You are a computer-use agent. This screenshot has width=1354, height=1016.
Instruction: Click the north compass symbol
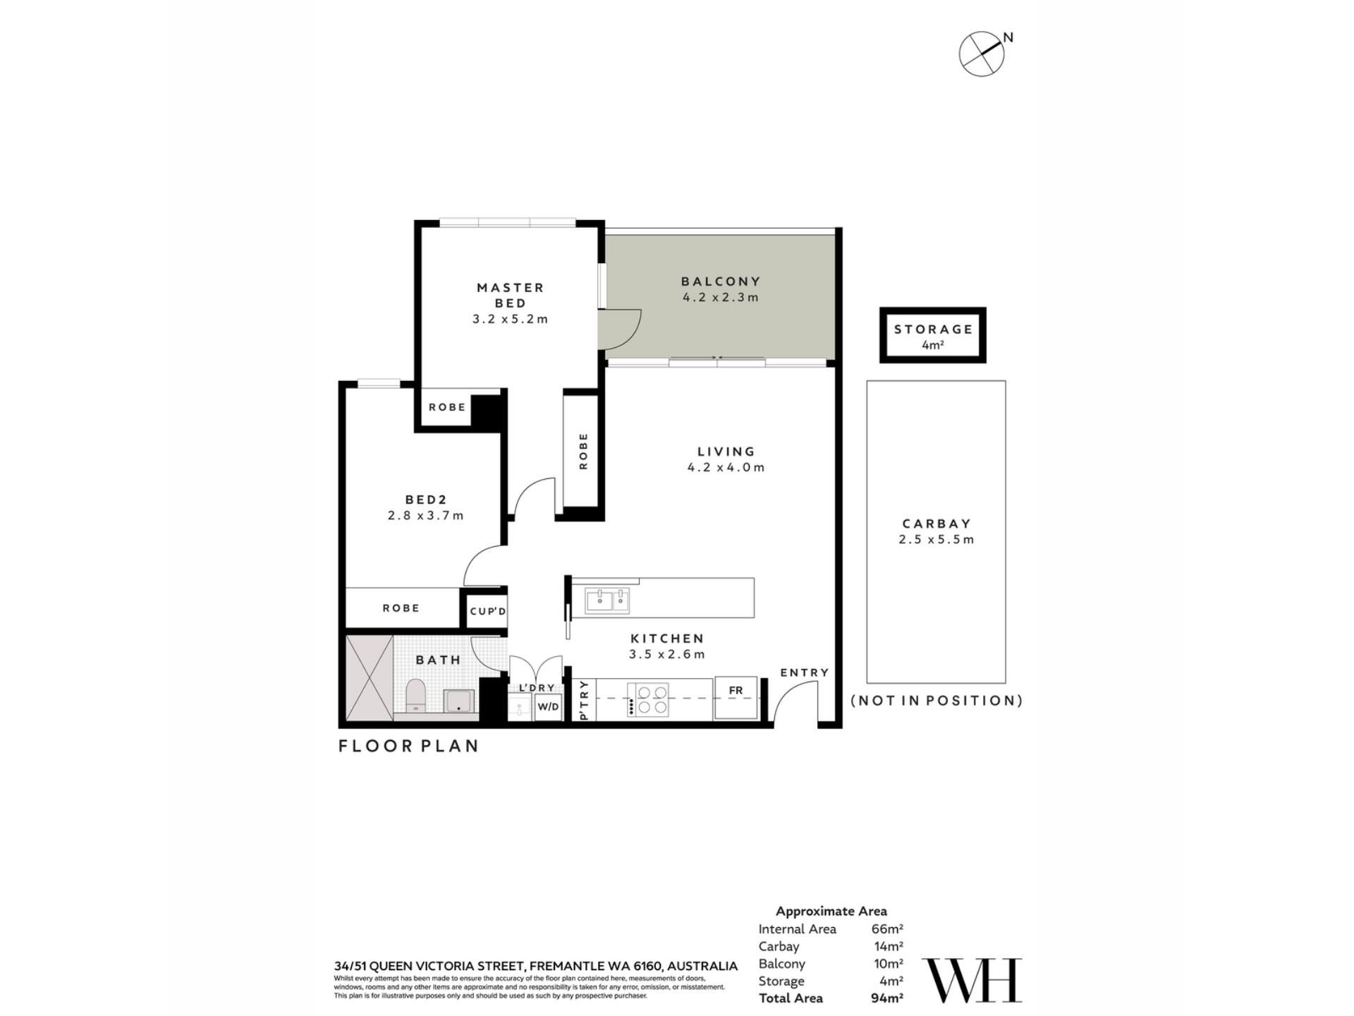[x=982, y=53]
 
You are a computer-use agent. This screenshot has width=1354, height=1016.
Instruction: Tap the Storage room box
[x=932, y=335]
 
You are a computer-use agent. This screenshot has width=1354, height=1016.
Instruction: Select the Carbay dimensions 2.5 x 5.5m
[x=937, y=540]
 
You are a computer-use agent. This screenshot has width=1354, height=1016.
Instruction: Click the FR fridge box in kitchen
[x=736, y=698]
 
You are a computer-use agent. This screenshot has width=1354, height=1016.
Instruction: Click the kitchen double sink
[x=607, y=600]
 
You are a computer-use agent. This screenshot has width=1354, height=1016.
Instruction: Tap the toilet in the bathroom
[x=416, y=695]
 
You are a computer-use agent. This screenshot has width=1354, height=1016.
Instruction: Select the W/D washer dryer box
[x=548, y=706]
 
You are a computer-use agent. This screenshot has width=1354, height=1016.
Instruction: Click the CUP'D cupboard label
[x=488, y=611]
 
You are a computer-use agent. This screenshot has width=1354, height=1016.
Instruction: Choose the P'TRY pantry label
[x=583, y=700]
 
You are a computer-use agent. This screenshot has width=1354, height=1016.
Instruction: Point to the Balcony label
[x=721, y=282]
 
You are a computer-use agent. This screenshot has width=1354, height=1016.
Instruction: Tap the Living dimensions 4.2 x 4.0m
[x=726, y=467]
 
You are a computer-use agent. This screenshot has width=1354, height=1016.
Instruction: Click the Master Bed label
[x=511, y=295]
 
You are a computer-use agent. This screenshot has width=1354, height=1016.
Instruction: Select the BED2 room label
[x=426, y=500]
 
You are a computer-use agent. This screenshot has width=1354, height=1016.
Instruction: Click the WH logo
[x=972, y=980]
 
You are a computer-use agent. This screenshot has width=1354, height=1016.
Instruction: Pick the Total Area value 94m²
[x=887, y=998]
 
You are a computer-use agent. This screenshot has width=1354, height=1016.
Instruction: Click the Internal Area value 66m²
[x=887, y=929]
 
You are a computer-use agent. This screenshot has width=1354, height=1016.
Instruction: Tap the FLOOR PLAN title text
[x=409, y=746]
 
